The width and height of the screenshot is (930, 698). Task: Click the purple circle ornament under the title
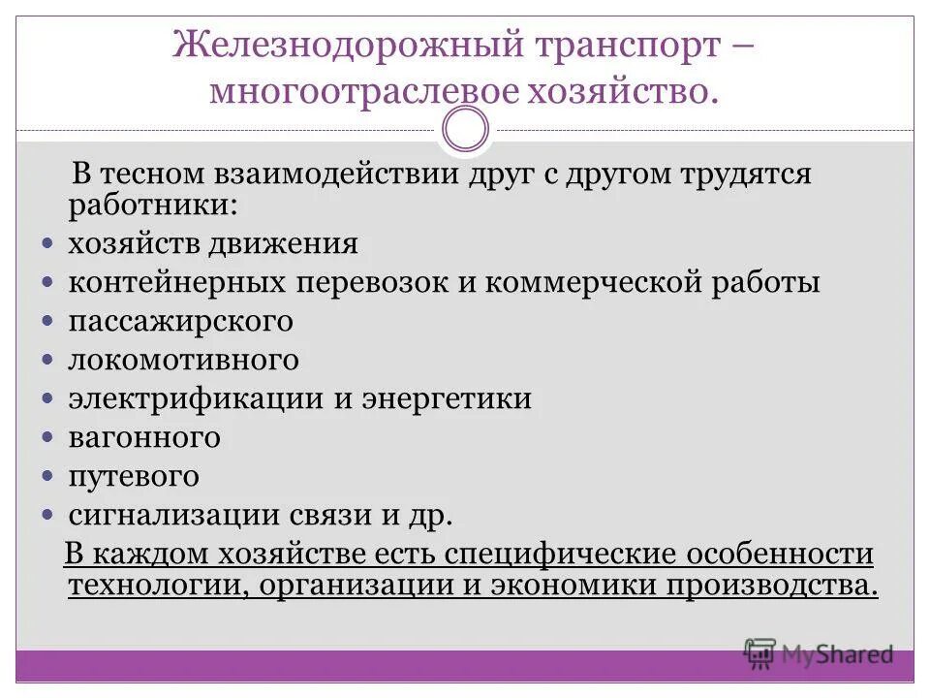(465, 130)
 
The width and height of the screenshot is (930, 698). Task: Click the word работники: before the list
(150, 204)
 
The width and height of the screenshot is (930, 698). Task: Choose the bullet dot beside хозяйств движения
(49, 243)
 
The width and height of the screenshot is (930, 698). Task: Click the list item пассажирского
(180, 321)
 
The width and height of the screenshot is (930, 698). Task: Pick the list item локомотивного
(183, 360)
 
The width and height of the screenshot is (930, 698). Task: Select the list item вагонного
(144, 437)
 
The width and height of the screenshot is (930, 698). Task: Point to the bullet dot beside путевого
(49, 477)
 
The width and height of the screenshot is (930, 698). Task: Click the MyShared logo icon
(759, 654)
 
